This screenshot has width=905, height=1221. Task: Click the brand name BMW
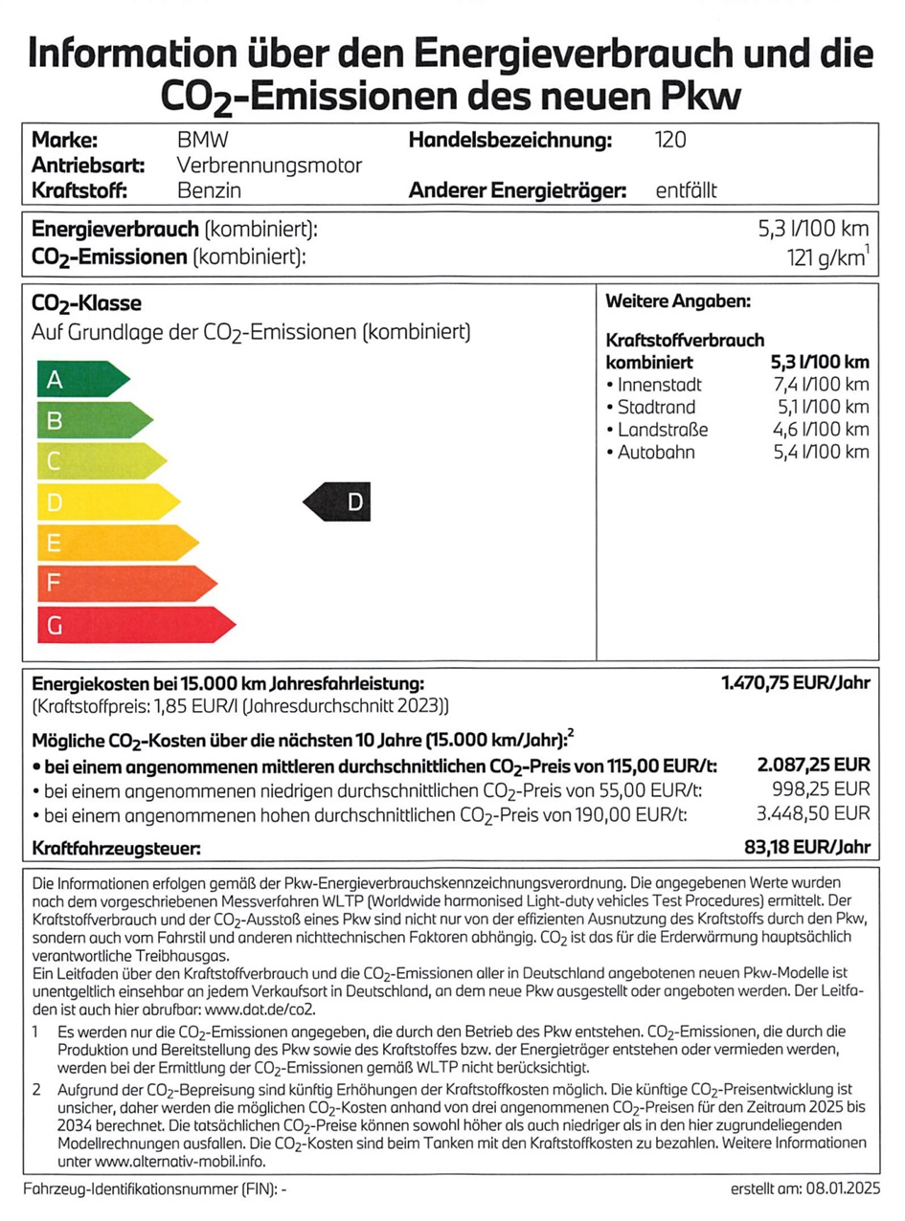tap(203, 141)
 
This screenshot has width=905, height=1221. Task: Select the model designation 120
tap(669, 141)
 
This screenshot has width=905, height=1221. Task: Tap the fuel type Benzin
tap(209, 189)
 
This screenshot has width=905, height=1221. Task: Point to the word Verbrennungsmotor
tap(270, 166)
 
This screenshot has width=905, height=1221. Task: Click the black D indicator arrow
tap(337, 501)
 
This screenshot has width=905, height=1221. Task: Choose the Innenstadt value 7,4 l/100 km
tap(820, 385)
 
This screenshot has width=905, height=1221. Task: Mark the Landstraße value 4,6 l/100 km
tap(820, 430)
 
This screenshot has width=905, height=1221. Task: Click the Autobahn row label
tap(656, 452)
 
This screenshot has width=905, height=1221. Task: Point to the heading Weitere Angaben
tap(678, 301)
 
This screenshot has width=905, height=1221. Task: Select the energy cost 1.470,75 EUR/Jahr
tap(795, 683)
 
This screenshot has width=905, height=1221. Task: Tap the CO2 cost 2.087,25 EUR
tap(813, 765)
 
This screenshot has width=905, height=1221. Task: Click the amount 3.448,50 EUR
tap(813, 813)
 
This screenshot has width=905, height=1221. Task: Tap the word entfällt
tap(686, 189)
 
